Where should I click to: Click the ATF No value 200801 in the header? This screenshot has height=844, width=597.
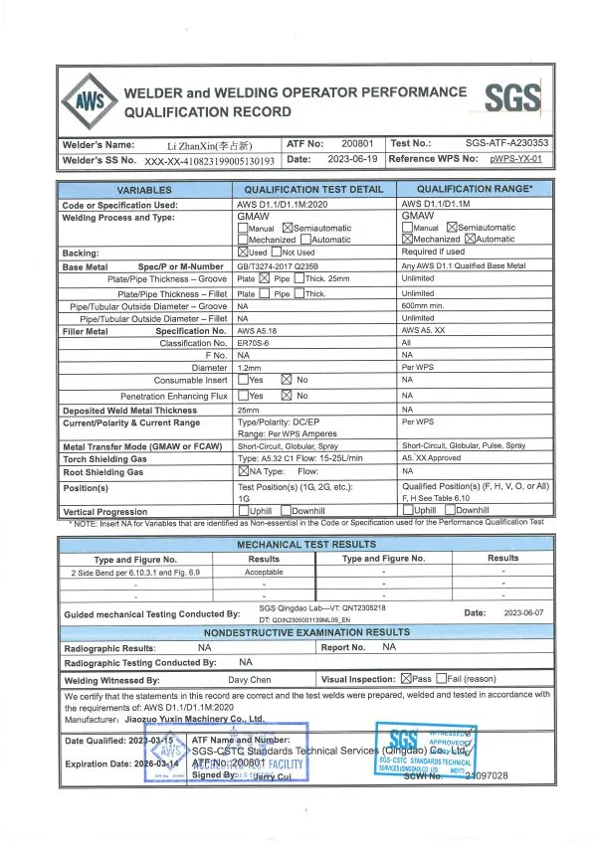point(356,143)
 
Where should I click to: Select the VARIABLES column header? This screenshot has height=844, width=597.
point(144,190)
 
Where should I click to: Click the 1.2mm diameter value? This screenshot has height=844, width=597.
point(249,368)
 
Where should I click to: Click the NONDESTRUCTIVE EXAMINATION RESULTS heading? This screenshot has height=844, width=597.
point(305,631)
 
